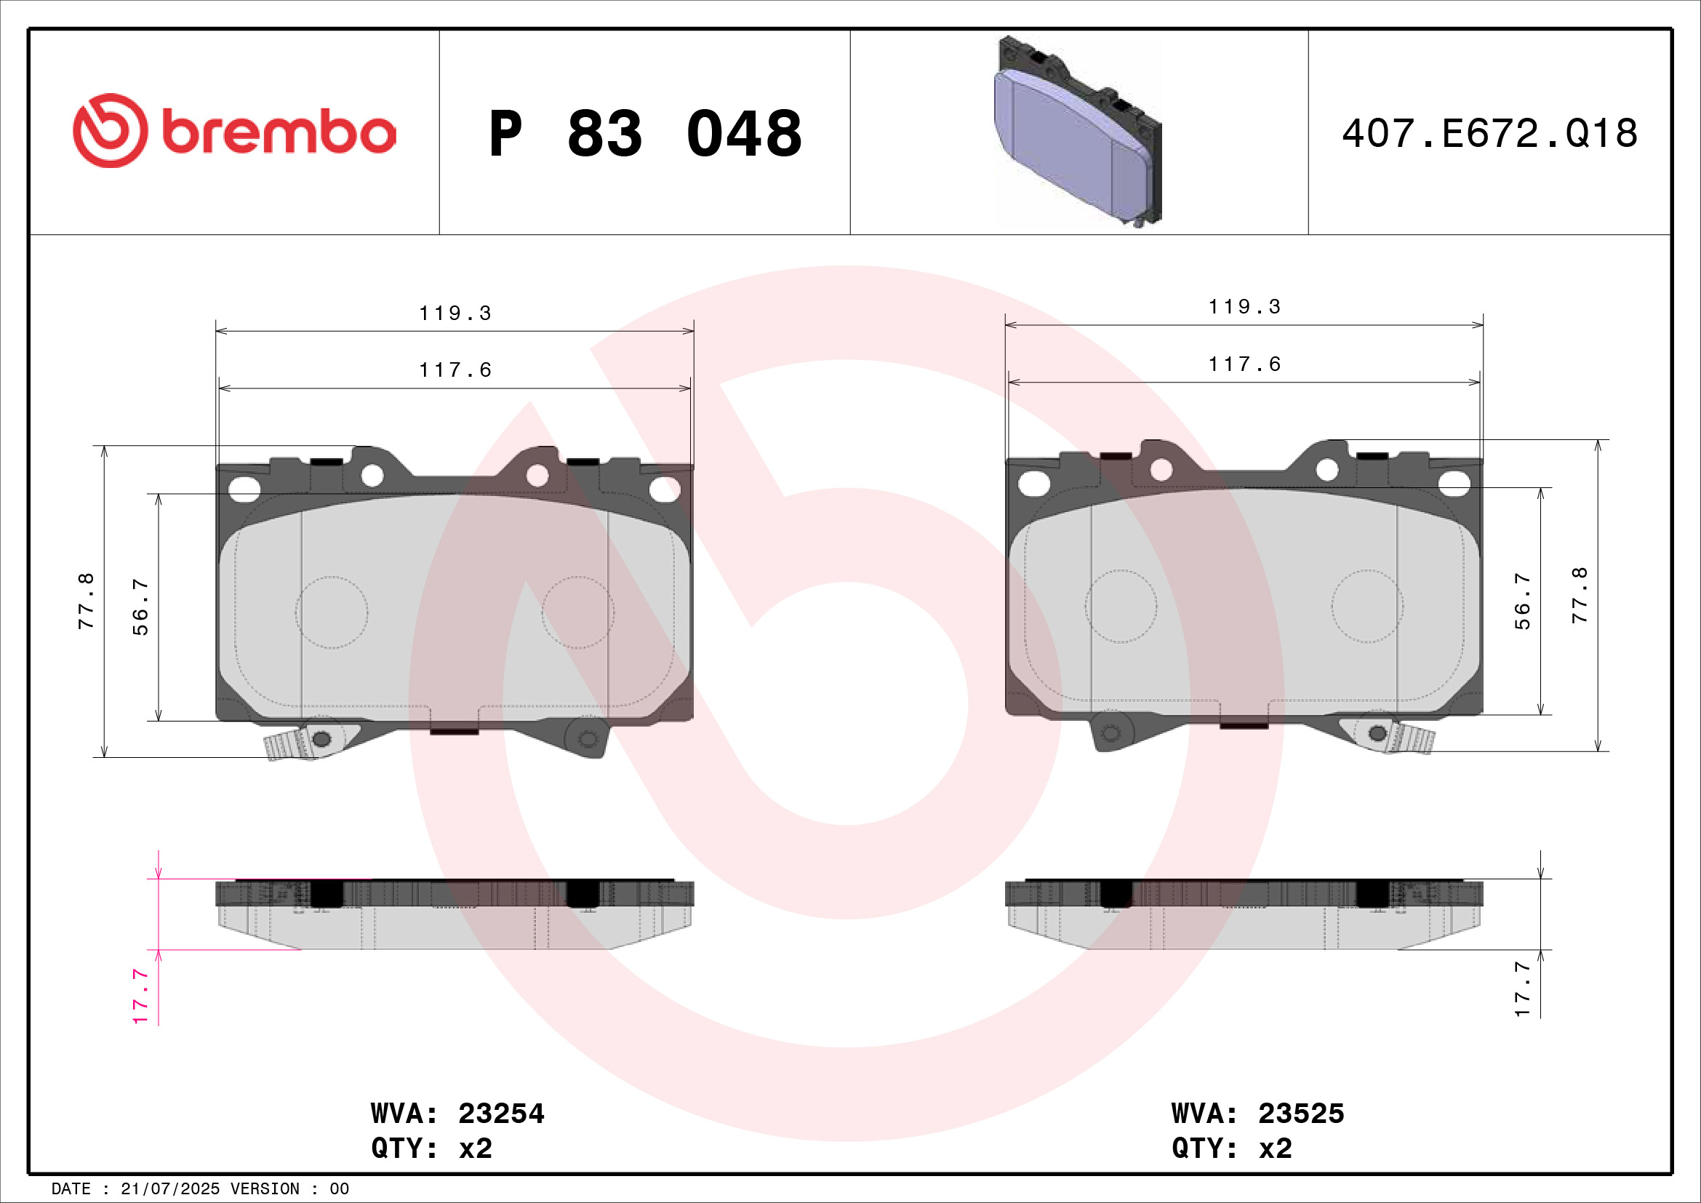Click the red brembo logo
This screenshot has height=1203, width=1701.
coord(234,131)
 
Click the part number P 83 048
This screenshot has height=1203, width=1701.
coord(644,133)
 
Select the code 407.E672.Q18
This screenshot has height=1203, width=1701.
coord(1489,133)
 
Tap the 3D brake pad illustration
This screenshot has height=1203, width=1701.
coord(1078,132)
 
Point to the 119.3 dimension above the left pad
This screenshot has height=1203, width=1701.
coord(455,313)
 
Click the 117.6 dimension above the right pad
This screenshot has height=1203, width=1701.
coord(1244,364)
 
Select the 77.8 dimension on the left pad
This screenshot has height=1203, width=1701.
coord(87,601)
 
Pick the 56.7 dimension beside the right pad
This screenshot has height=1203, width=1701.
coord(1521,601)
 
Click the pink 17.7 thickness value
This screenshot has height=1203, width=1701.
coord(141,996)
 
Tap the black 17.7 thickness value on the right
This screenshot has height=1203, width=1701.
coord(1521,989)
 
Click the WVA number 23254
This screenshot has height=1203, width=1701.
coord(501,1114)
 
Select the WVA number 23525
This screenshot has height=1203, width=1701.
coord(1301,1114)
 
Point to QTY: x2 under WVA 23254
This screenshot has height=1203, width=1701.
coord(431,1148)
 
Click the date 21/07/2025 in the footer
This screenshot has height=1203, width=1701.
coord(169,1189)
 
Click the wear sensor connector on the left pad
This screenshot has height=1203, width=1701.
coord(287,744)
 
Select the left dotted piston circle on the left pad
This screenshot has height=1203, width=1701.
coord(331,612)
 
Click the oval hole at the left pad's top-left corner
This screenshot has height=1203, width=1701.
coord(244,488)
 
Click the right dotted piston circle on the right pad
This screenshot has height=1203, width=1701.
coord(1367,606)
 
